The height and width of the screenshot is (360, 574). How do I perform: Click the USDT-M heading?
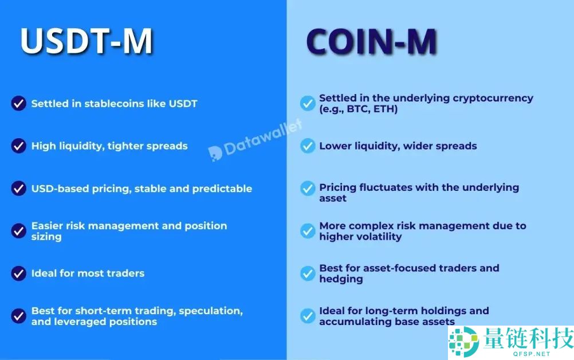click(x=87, y=41)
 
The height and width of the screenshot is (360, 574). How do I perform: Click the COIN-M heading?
click(x=372, y=42)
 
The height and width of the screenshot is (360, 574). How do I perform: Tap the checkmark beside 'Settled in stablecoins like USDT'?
click(x=19, y=103)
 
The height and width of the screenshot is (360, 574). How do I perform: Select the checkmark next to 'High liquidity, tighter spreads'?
click(x=19, y=146)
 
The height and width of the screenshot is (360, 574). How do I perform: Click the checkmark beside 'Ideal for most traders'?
click(x=19, y=273)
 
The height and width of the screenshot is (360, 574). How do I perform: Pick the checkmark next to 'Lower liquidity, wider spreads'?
click(x=308, y=146)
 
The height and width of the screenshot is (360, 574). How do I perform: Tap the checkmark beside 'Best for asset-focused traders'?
click(x=308, y=273)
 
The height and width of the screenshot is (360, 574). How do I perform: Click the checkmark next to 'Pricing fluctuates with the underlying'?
click(x=308, y=188)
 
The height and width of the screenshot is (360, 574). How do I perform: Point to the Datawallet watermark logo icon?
click(x=215, y=154)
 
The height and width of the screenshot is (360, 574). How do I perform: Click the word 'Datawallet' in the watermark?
click(x=263, y=138)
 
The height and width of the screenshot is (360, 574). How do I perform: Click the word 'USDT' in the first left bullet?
click(x=183, y=104)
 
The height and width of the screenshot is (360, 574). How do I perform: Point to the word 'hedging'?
click(x=341, y=279)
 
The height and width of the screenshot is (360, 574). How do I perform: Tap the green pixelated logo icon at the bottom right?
click(x=464, y=341)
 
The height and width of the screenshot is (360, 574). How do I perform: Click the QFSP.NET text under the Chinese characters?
click(x=532, y=354)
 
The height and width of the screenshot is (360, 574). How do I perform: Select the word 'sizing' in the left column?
click(x=46, y=237)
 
